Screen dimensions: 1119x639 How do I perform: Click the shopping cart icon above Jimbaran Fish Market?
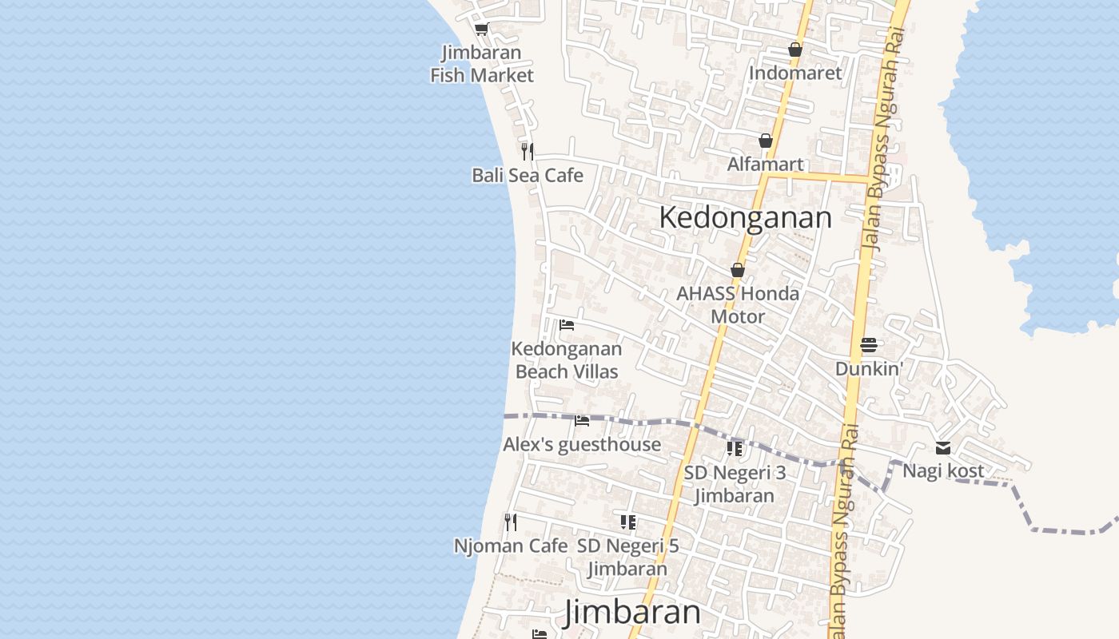pyautogui.click(x=481, y=30)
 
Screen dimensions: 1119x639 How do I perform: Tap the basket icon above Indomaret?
pyautogui.click(x=794, y=50)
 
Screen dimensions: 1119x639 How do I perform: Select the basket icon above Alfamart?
pyautogui.click(x=766, y=141)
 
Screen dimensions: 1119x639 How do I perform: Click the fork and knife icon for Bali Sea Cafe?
pyautogui.click(x=528, y=151)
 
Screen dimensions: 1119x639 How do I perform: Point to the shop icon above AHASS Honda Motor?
pyautogui.click(x=738, y=271)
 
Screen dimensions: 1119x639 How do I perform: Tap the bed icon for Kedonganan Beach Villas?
pyautogui.click(x=567, y=325)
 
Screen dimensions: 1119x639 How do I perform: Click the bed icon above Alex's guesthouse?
pyautogui.click(x=582, y=420)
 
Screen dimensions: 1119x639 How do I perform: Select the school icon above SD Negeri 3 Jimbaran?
pyautogui.click(x=735, y=448)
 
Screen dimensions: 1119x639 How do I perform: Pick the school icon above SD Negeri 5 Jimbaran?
pyautogui.click(x=628, y=522)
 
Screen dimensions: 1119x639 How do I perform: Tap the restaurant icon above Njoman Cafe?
pyautogui.click(x=511, y=522)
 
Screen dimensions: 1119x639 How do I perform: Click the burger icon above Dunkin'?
pyautogui.click(x=869, y=345)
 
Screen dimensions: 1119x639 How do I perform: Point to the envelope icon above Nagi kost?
pyautogui.click(x=943, y=447)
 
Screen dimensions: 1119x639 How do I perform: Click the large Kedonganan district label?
pyautogui.click(x=745, y=217)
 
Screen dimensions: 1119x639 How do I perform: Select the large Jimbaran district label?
pyautogui.click(x=632, y=613)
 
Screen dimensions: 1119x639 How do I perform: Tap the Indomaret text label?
pyautogui.click(x=795, y=73)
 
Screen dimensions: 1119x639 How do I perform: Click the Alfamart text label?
pyautogui.click(x=766, y=164)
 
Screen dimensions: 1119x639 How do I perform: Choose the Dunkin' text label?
pyautogui.click(x=870, y=368)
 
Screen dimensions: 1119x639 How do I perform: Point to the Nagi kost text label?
pyautogui.click(x=943, y=470)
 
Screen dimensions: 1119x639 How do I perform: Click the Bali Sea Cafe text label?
pyautogui.click(x=528, y=175)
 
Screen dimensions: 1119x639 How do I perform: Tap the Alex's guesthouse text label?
pyautogui.click(x=582, y=444)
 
